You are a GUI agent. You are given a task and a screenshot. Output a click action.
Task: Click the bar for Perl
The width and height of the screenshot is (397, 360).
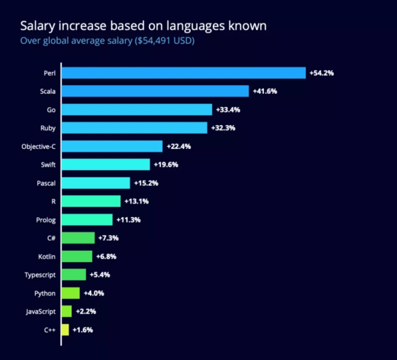click(183, 73)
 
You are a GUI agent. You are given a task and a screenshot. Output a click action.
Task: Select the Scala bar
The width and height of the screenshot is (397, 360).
click(155, 91)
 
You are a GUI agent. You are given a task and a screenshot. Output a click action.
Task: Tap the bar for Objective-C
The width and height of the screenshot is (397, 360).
click(112, 146)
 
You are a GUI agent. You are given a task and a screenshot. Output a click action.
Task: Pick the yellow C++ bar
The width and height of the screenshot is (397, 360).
click(65, 329)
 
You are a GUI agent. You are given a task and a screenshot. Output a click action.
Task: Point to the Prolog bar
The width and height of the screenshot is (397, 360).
click(87, 219)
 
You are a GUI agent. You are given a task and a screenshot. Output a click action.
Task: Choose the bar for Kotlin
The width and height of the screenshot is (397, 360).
click(77, 256)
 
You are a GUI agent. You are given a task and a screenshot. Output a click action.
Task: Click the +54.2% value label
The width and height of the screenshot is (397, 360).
click(322, 73)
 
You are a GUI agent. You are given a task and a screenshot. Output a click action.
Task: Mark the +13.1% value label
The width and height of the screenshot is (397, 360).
click(136, 201)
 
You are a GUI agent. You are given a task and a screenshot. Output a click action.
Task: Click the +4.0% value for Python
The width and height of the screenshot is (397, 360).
click(94, 292)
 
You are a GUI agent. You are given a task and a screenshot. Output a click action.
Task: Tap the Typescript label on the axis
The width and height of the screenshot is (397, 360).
click(38, 274)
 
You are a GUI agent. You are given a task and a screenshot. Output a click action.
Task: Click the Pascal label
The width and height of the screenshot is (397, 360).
click(46, 183)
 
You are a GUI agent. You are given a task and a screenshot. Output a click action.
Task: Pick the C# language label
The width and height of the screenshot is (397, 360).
click(50, 238)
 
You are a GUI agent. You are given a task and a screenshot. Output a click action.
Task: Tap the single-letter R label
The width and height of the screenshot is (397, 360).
click(53, 201)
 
